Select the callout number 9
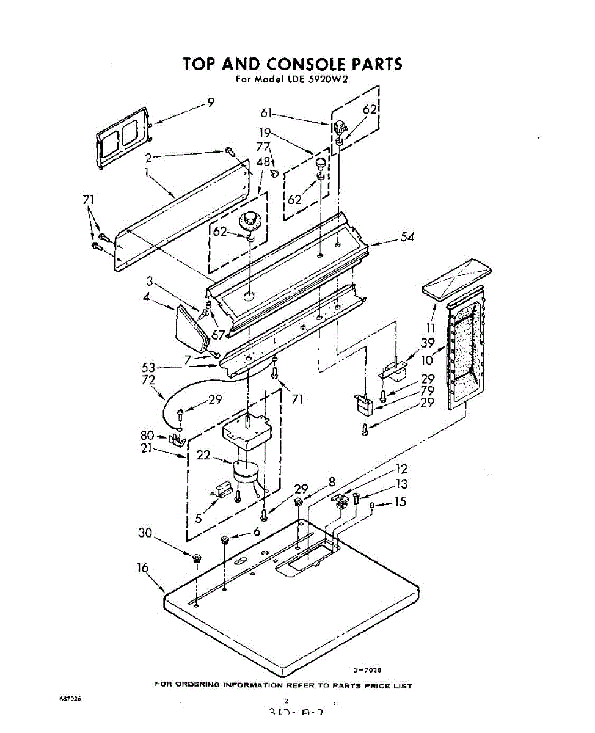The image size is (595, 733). (211, 103)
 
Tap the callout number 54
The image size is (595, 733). (407, 237)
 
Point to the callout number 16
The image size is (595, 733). (142, 567)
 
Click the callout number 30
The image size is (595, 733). (145, 533)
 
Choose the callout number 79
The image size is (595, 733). (427, 390)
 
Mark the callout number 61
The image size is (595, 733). (267, 112)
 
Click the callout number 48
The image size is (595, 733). (263, 162)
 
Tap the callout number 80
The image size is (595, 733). (147, 436)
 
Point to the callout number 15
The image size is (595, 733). (400, 502)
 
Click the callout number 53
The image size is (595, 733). (148, 367)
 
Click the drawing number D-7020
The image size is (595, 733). (367, 670)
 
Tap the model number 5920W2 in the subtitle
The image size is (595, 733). (327, 79)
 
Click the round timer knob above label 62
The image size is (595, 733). (250, 219)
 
